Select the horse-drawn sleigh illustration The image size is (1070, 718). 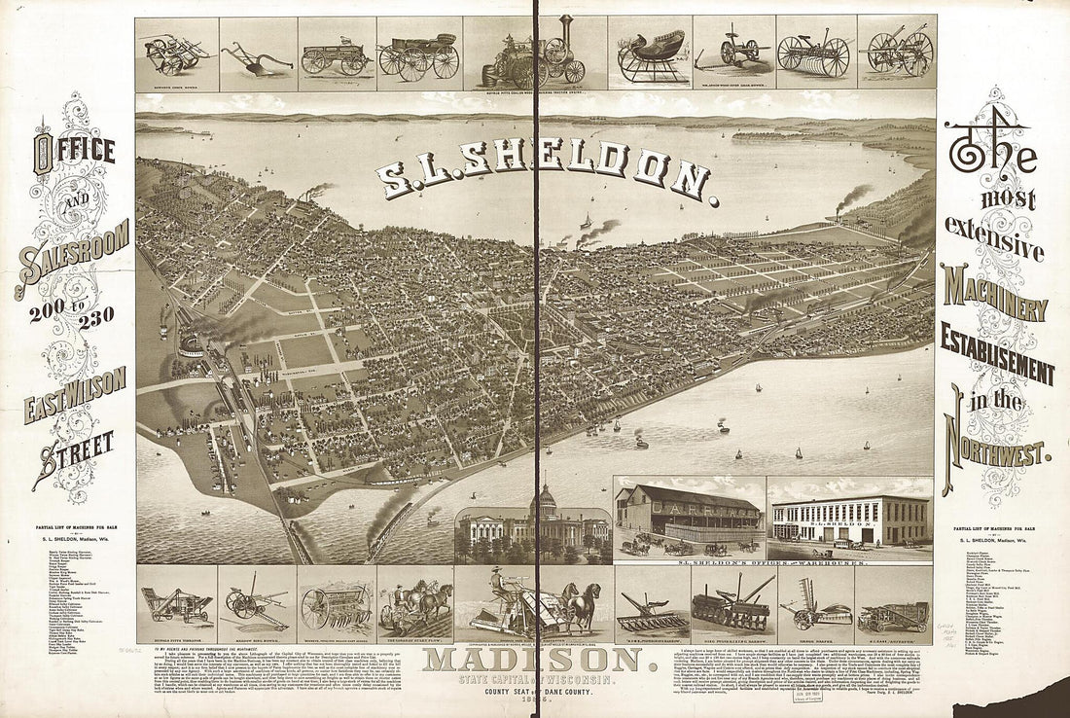click(651, 56)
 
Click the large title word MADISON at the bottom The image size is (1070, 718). click(532, 659)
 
